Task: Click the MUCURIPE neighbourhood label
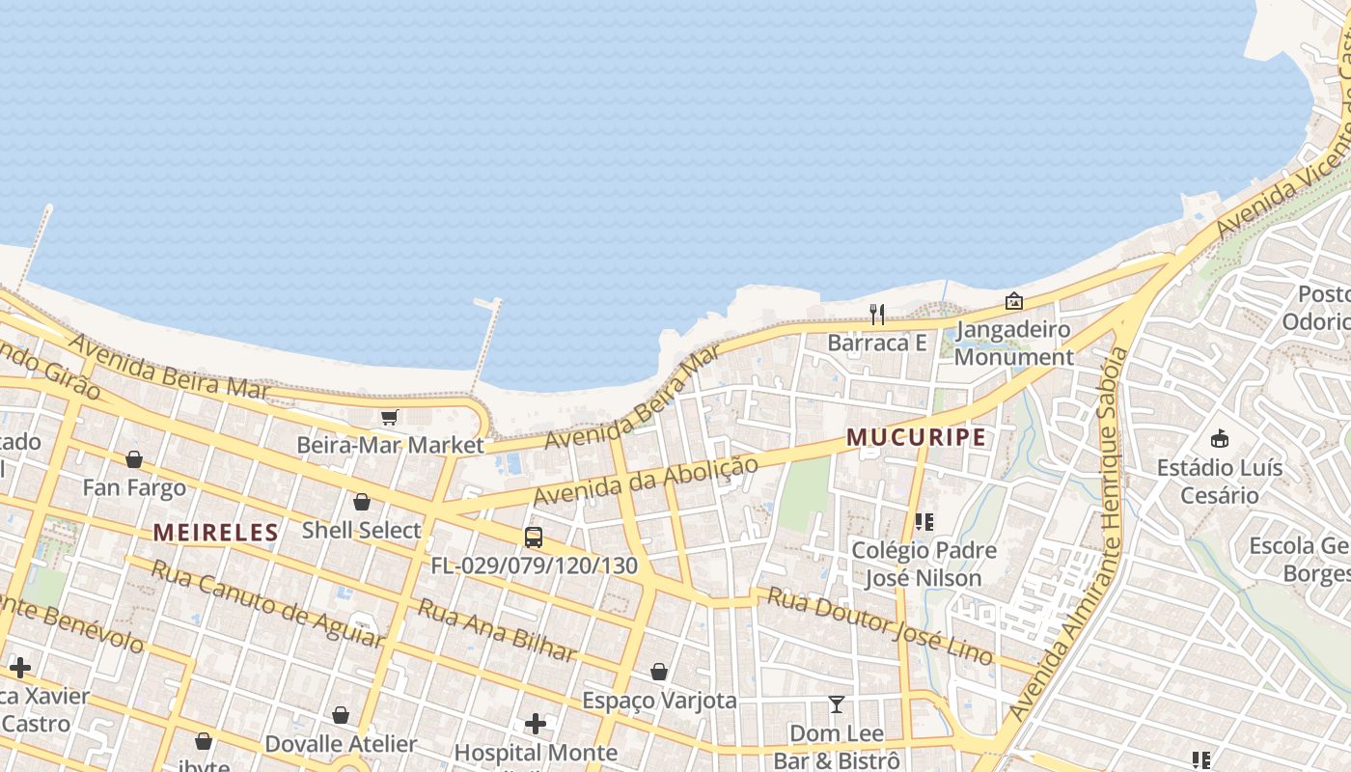tap(916, 437)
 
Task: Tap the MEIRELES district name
tap(215, 532)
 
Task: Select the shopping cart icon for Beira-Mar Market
tap(389, 418)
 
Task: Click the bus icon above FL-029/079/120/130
tap(534, 538)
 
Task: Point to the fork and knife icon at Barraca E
tap(877, 314)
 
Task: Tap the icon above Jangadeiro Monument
tap(1013, 301)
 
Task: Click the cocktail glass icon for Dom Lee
tap(836, 704)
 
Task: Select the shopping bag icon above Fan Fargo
tap(134, 459)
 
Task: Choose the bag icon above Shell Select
tap(362, 502)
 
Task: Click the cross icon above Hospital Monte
tap(536, 723)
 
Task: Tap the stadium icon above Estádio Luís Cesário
tap(1220, 439)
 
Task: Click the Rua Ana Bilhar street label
tap(496, 629)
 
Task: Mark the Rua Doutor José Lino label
tap(879, 625)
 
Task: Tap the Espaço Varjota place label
tap(660, 701)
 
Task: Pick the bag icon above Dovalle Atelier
tap(341, 715)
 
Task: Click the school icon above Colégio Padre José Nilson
tap(924, 522)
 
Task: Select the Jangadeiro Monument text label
tap(1013, 343)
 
